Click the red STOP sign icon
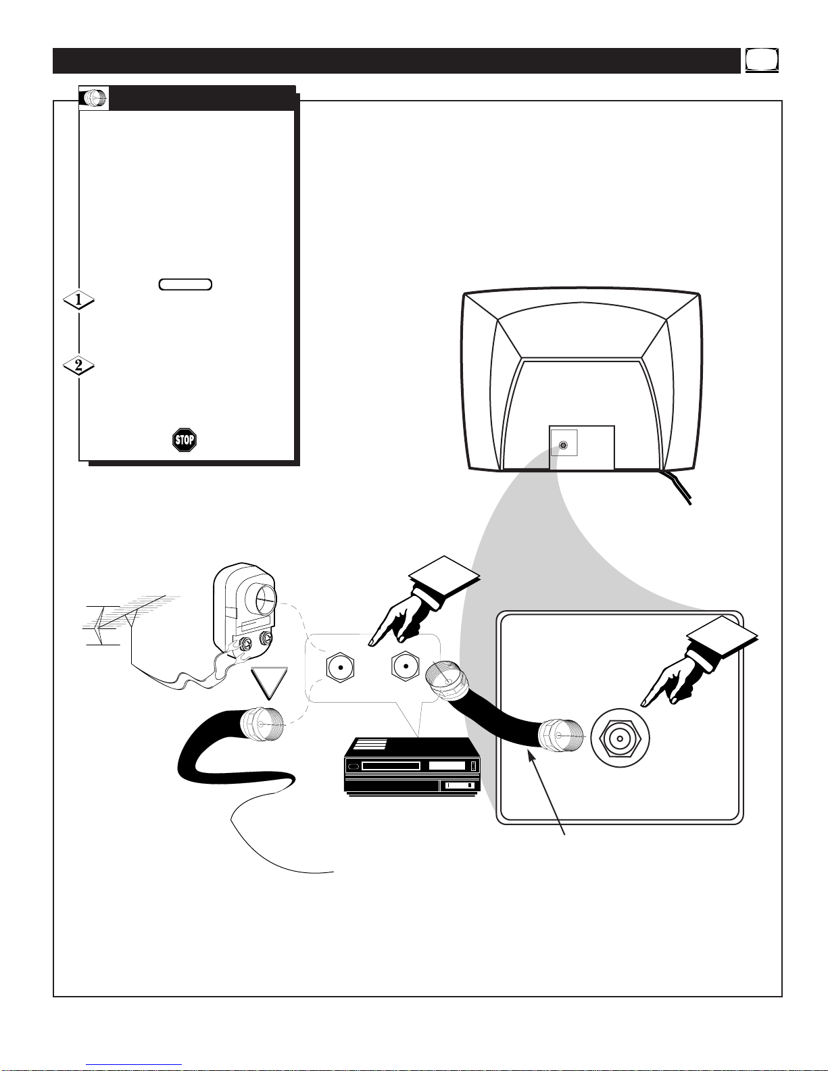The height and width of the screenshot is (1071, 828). click(185, 440)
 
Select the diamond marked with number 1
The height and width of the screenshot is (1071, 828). click(79, 299)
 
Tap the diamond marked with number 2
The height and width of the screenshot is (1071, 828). click(79, 366)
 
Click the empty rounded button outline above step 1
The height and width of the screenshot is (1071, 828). click(185, 284)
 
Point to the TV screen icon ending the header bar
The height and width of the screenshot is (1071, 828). click(762, 61)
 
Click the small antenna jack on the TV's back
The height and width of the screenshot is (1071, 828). click(563, 445)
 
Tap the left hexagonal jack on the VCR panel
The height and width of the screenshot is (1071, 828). click(340, 668)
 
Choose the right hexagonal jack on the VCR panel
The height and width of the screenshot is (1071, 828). click(405, 666)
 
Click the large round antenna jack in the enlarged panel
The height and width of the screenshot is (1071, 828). click(620, 738)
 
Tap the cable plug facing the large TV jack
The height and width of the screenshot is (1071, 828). click(561, 735)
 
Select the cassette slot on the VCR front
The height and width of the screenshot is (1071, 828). click(391, 766)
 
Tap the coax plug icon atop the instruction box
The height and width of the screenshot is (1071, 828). click(94, 98)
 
